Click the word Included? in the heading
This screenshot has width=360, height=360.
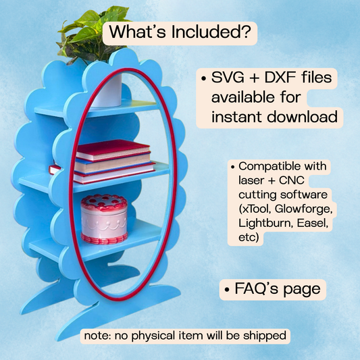tap(211, 32)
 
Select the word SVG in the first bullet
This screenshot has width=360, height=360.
tap(228, 77)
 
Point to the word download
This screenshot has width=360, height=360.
tap(303, 117)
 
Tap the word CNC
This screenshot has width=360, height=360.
tap(291, 180)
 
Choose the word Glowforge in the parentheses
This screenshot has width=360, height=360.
tap(303, 209)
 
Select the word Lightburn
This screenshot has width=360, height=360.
tap(265, 223)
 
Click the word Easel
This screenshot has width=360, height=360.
tap(313, 223)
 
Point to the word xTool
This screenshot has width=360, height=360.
tap(255, 209)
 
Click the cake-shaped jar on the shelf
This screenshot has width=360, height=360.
tap(104, 219)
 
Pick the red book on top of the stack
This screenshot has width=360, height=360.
tap(113, 150)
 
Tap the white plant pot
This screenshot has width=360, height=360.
tap(107, 91)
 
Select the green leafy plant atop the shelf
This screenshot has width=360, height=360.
tap(92, 36)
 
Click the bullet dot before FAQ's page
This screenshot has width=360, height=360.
tap(227, 290)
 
